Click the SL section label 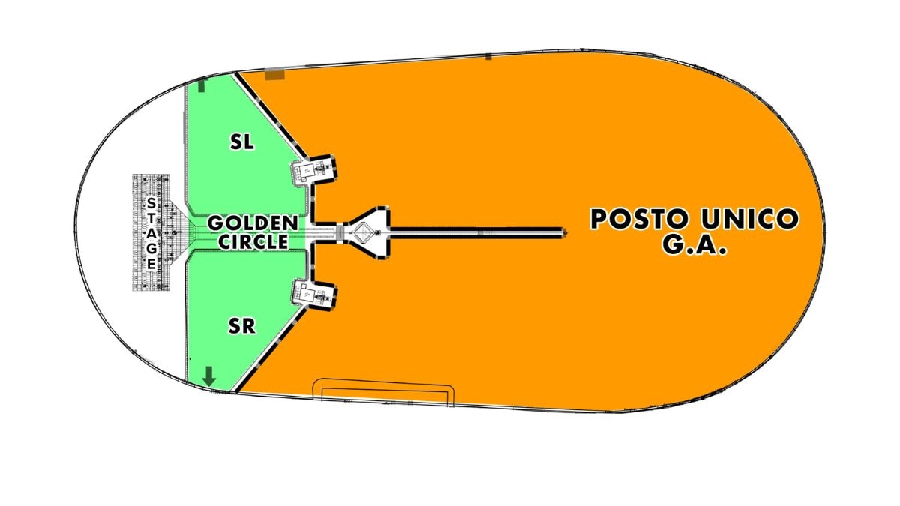[241, 142]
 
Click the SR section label [241, 326]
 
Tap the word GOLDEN [253, 223]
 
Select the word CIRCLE [253, 241]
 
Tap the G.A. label [694, 244]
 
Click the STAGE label [151, 233]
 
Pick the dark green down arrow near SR [209, 376]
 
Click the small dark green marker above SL [202, 86]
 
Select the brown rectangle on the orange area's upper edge [274, 75]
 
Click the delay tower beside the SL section [314, 170]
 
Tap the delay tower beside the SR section [314, 295]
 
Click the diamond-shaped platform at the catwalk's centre [364, 232]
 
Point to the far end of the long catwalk [565, 232]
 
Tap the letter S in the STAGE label [151, 203]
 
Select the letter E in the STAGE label [151, 264]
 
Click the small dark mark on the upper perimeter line [488, 57]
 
